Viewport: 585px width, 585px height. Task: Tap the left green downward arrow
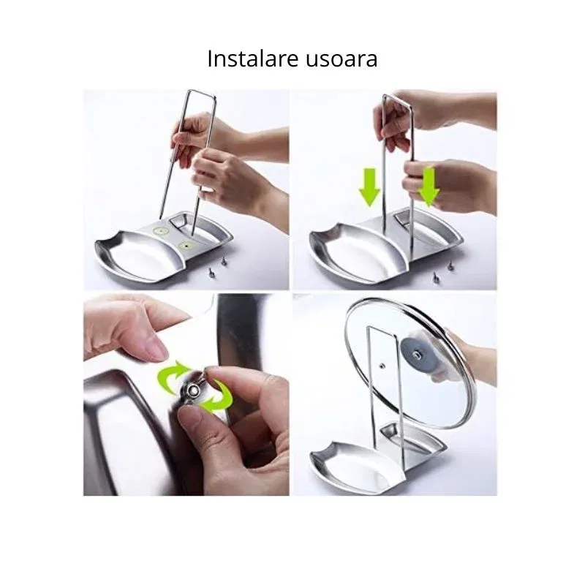[x=369, y=187]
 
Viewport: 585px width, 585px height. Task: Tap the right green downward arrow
[x=429, y=186]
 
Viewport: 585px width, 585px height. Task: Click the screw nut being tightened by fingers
[x=192, y=390]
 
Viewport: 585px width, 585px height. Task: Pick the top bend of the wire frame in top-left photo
[x=202, y=92]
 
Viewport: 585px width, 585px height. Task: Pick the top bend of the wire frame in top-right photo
[x=397, y=96]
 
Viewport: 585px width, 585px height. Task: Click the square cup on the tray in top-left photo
[x=181, y=220]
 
